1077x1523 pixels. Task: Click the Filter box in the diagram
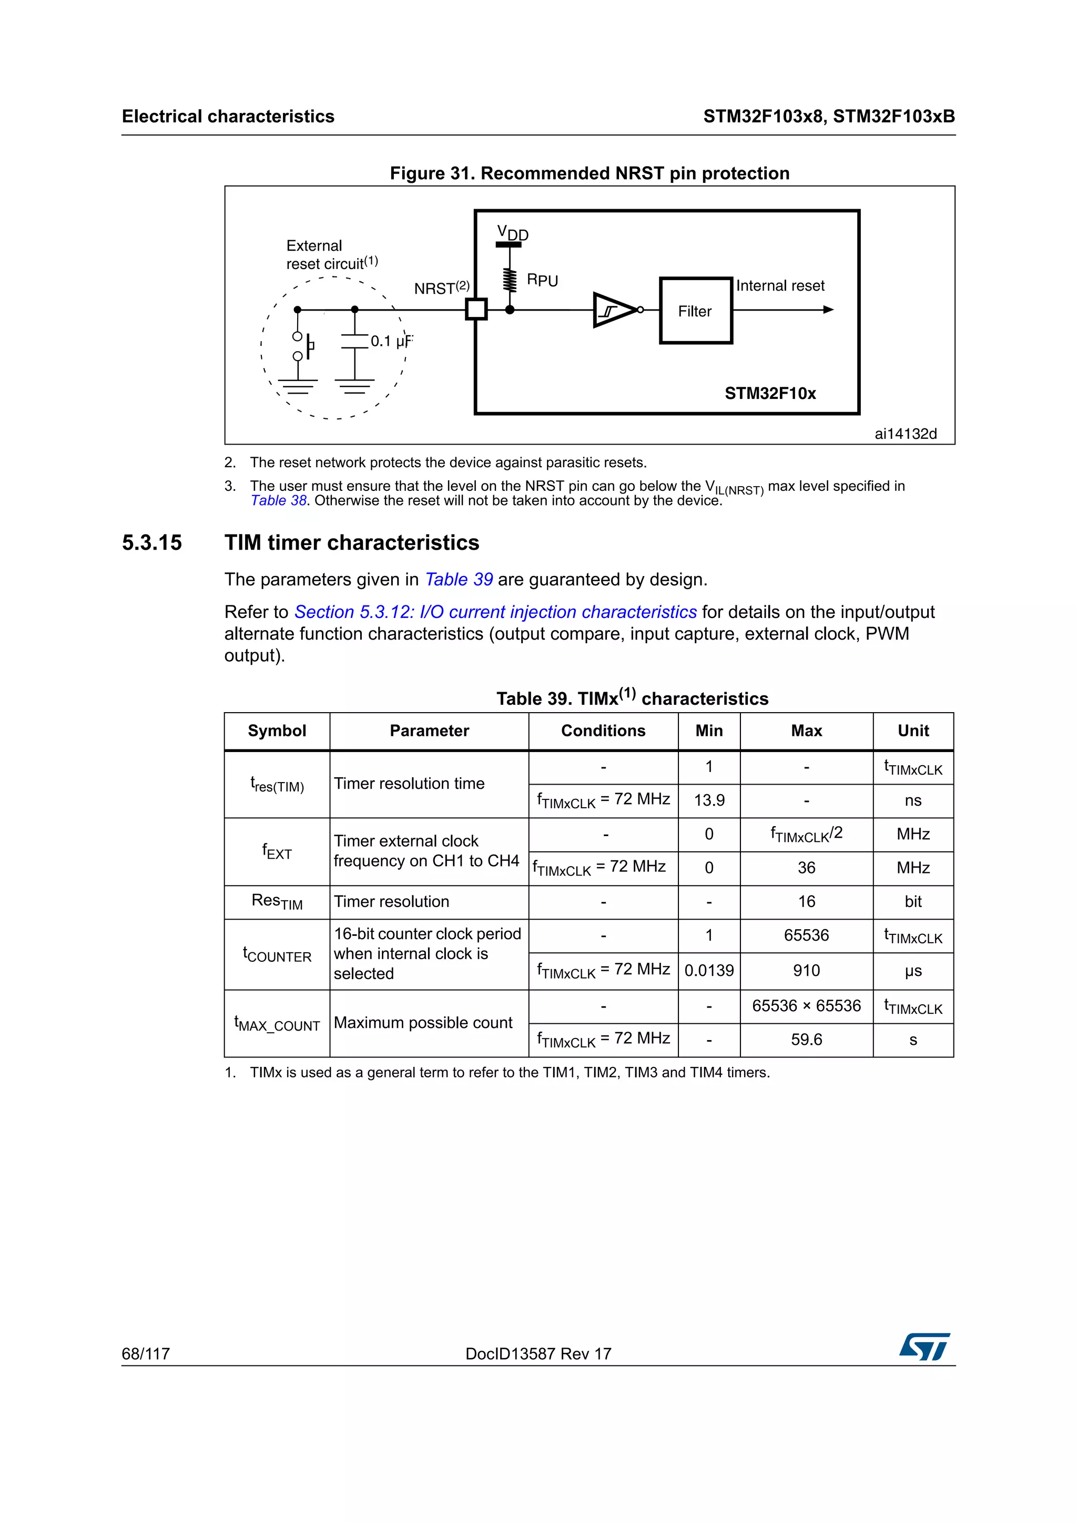pyautogui.click(x=695, y=311)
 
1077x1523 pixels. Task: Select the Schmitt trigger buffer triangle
pyautogui.click(x=614, y=310)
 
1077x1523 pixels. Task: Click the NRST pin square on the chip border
pyautogui.click(x=476, y=309)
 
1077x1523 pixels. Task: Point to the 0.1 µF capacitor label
pyautogui.click(x=391, y=341)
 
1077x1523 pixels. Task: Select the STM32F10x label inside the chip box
pyautogui.click(x=770, y=393)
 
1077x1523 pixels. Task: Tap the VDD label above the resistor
pyautogui.click(x=512, y=233)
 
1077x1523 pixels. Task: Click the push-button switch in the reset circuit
pyautogui.click(x=302, y=346)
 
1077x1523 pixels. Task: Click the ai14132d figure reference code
pyautogui.click(x=905, y=434)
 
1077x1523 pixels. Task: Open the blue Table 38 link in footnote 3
pyautogui.click(x=279, y=501)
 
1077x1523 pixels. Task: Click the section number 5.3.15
pyautogui.click(x=152, y=542)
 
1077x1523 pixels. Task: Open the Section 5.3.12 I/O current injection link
pyautogui.click(x=495, y=612)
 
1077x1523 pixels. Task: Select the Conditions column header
pyautogui.click(x=603, y=730)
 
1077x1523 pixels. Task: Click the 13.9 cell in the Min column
pyautogui.click(x=709, y=800)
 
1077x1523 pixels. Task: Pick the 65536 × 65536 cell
pyautogui.click(x=806, y=1005)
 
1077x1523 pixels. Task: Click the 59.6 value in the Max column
pyautogui.click(x=806, y=1040)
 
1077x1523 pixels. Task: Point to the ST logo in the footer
pyautogui.click(x=924, y=1346)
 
